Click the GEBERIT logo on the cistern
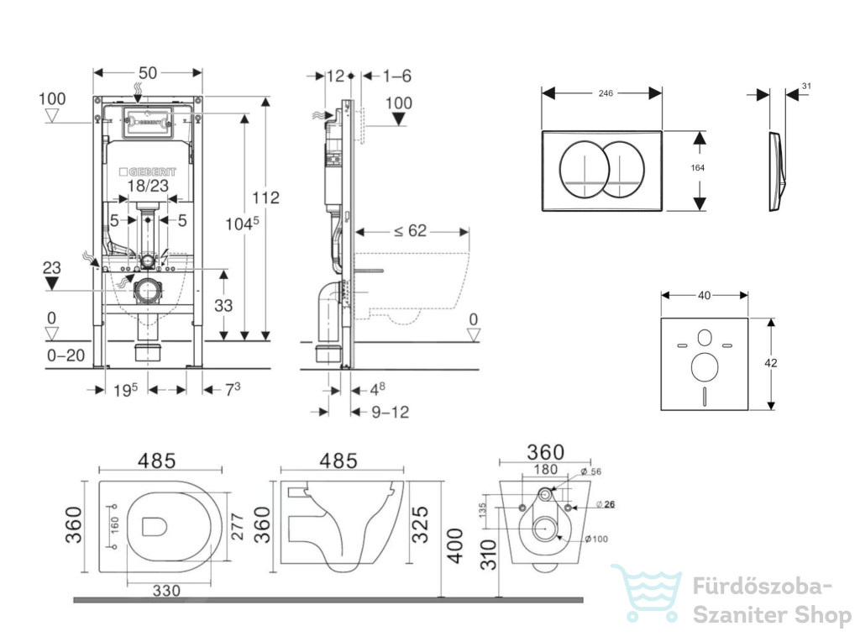tap(148, 171)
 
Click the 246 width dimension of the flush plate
tap(606, 93)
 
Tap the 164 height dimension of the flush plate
tap(698, 168)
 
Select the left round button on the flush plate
tap(585, 169)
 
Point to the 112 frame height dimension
tap(265, 197)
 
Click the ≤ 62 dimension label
tap(410, 231)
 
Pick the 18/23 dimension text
tap(148, 186)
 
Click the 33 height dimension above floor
tap(223, 305)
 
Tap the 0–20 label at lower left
tap(66, 355)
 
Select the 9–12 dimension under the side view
tap(390, 412)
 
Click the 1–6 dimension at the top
tap(397, 76)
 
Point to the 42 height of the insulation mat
tap(771, 363)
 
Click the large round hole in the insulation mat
tap(705, 367)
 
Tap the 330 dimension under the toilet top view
tap(166, 591)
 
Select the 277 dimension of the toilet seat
tap(236, 527)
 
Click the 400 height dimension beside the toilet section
tap(454, 546)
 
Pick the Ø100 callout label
tap(596, 539)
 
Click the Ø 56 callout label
tap(590, 471)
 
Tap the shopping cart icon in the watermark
tap(646, 592)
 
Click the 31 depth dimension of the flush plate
tap(806, 86)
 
